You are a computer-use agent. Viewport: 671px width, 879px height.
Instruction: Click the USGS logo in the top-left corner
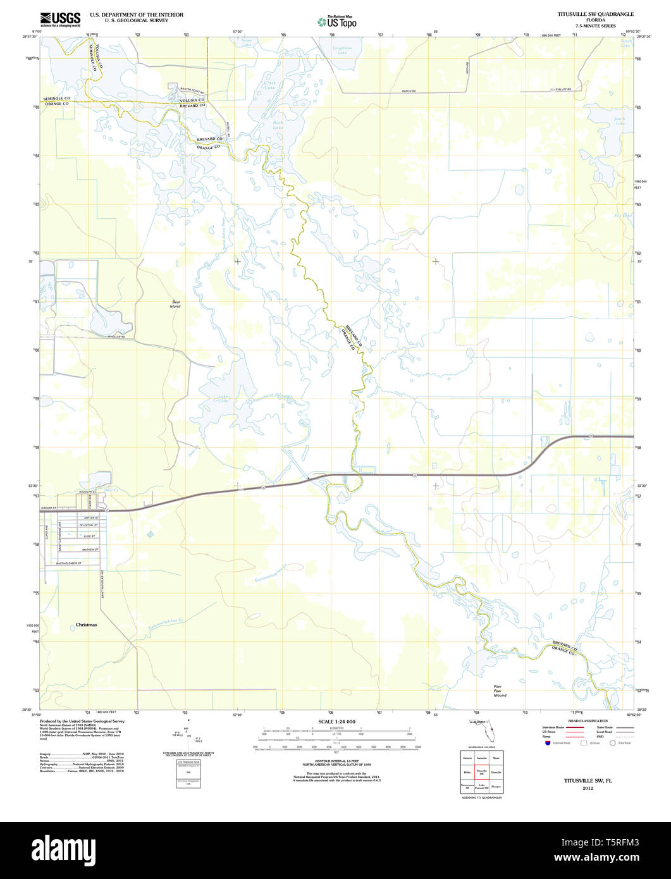click(60, 19)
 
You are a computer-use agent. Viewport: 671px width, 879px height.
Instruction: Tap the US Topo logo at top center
click(336, 22)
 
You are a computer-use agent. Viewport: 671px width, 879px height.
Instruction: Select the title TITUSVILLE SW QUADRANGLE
click(586, 14)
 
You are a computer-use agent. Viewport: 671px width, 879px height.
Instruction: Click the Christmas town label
click(87, 624)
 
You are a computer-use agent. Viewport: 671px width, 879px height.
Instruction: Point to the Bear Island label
click(175, 304)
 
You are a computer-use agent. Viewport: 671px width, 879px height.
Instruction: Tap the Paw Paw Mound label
click(500, 691)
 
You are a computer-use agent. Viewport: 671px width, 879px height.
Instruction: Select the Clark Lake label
click(270, 85)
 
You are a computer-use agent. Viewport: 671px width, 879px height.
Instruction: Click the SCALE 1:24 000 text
click(336, 722)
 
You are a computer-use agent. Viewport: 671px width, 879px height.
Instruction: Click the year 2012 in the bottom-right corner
click(588, 789)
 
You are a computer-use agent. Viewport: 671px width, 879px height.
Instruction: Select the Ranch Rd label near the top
click(409, 91)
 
